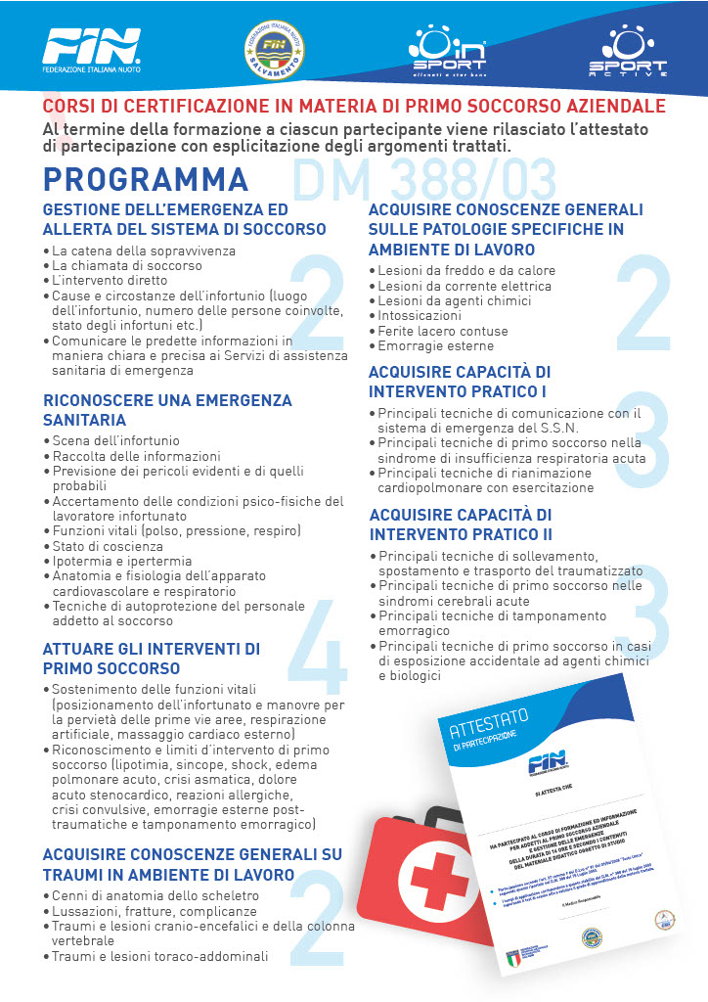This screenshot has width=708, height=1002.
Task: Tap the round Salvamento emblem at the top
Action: [273, 52]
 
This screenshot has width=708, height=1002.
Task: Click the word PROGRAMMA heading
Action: [147, 181]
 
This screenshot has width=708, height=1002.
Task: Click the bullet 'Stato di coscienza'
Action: [108, 545]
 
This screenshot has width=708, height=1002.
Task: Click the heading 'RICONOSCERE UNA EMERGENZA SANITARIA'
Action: [168, 410]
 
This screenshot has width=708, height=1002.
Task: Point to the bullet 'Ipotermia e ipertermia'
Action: [121, 561]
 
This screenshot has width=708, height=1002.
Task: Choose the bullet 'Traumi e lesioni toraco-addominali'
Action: [158, 956]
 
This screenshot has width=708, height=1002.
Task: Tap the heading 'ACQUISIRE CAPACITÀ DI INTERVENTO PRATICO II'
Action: [461, 524]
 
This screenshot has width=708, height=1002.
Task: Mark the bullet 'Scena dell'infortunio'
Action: [115, 440]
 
